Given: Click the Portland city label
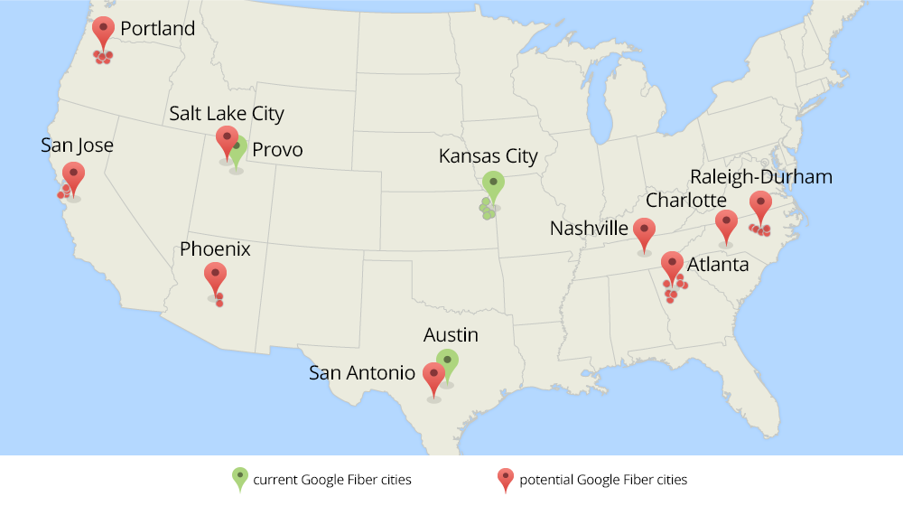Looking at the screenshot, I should tap(157, 29).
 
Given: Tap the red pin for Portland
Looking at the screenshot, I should tap(104, 30).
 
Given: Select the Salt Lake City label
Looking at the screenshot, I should tap(227, 114).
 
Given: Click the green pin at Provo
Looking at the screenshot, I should tap(237, 149).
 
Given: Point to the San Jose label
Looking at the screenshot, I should tap(77, 145).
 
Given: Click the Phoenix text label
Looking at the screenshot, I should tap(215, 248).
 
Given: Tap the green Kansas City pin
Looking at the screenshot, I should tap(492, 184).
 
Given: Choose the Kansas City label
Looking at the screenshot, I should tap(488, 156).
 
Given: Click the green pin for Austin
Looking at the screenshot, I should tap(447, 361).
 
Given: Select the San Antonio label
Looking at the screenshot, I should tap(362, 372).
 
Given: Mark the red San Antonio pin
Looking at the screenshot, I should tap(434, 376).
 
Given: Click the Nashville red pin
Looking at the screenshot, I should tap(644, 231).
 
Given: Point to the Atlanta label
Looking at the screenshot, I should tap(718, 265).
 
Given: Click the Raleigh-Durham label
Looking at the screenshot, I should tap(760, 177).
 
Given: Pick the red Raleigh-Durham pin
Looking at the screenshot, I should tap(760, 204).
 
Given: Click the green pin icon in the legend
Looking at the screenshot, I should tap(239, 478).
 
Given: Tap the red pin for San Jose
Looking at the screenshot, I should tap(74, 175).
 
